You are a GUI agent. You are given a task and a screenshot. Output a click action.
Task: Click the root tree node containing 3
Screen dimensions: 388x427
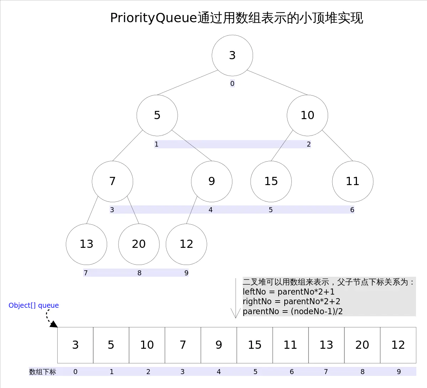pyautogui.click(x=232, y=55)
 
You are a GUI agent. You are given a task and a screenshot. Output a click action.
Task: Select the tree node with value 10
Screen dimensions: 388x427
pyautogui.click(x=307, y=115)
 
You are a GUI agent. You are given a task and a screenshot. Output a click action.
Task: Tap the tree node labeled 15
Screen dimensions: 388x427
pyautogui.click(x=271, y=181)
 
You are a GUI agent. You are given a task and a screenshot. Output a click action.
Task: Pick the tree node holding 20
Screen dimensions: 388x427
pyautogui.click(x=139, y=244)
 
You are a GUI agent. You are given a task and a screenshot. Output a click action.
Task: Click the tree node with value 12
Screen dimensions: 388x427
pyautogui.click(x=186, y=244)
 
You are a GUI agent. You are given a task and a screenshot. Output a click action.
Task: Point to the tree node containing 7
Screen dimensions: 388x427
pyautogui.click(x=112, y=181)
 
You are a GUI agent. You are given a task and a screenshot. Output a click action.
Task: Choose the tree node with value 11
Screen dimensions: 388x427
pyautogui.click(x=353, y=181)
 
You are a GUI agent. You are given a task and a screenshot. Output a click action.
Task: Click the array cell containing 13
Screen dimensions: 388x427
pyautogui.click(x=326, y=345)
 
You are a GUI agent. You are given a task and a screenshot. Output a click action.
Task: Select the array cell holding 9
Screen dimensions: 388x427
pyautogui.click(x=219, y=345)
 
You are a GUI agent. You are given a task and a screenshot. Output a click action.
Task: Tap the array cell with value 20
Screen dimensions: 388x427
pyautogui.click(x=362, y=345)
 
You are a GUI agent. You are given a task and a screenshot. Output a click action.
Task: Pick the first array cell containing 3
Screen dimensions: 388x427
pyautogui.click(x=75, y=345)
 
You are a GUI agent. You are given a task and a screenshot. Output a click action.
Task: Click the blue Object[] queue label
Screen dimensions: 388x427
pyautogui.click(x=34, y=305)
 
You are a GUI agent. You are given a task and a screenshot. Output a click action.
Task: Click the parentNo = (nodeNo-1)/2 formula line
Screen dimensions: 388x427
pyautogui.click(x=292, y=311)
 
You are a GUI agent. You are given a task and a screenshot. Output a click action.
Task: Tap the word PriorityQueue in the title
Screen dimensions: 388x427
pyautogui.click(x=153, y=18)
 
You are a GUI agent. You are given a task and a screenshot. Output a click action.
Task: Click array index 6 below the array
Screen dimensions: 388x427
pyautogui.click(x=292, y=372)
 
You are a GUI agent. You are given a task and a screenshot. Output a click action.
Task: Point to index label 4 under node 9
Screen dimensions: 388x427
pyautogui.click(x=211, y=210)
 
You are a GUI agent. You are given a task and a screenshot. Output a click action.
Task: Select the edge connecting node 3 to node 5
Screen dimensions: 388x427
pyautogui.click(x=187, y=83)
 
